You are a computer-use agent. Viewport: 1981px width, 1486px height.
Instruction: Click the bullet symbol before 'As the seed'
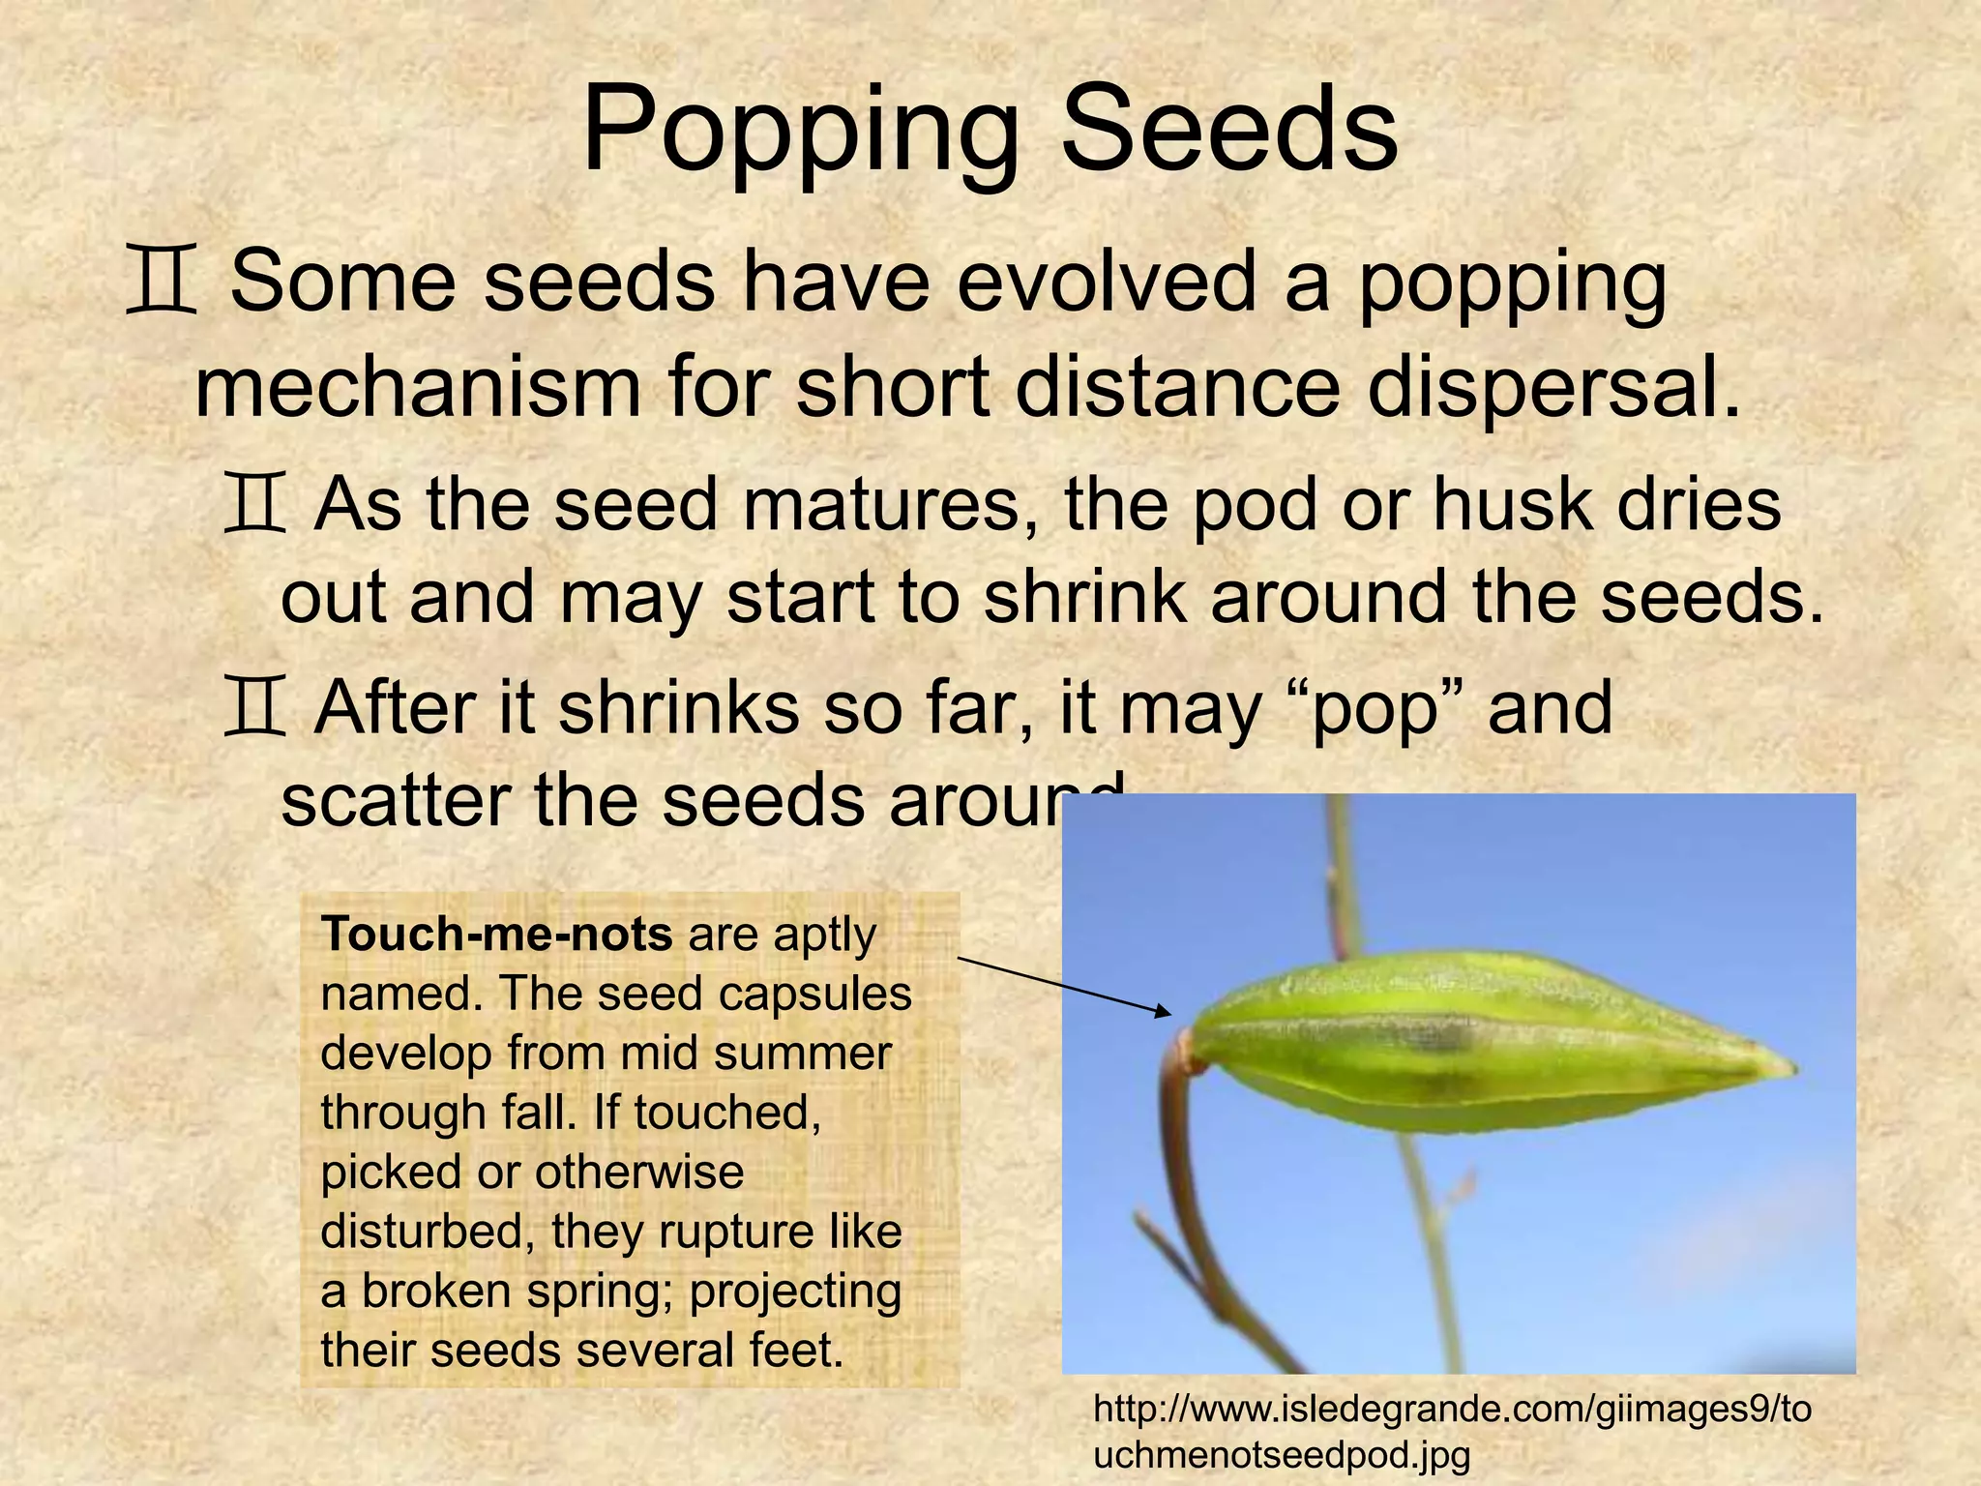point(254,504)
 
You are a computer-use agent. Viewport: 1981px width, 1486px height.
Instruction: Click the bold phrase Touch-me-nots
point(496,935)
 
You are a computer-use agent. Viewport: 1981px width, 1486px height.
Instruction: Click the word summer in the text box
point(803,1054)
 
